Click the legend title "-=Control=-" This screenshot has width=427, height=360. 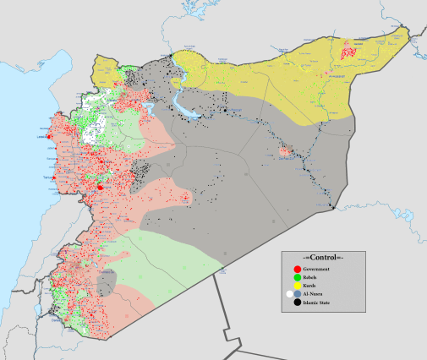click(323, 257)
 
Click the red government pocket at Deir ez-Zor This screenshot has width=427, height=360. click(285, 154)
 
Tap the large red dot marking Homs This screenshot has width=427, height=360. click(101, 187)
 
